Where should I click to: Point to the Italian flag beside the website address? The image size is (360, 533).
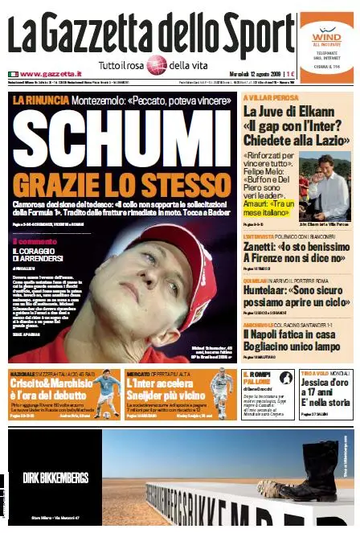click(13, 74)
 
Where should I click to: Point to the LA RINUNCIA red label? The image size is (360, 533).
click(35, 100)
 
